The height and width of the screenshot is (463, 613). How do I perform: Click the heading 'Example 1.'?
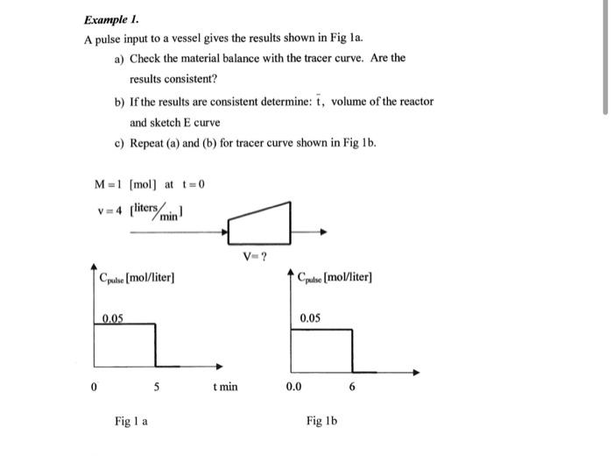pos(111,19)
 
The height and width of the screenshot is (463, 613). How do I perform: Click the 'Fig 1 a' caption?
pos(130,421)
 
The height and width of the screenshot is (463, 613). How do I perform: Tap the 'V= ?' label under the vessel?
pos(257,257)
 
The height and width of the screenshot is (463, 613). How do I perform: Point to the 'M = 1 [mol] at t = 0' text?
pos(149,183)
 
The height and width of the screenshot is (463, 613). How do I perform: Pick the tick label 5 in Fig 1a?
pos(157,386)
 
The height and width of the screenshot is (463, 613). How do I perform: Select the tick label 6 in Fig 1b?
pos(352,386)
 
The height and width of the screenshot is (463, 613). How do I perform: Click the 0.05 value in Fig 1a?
pos(112,317)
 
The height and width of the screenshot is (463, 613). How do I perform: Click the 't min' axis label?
pos(224,386)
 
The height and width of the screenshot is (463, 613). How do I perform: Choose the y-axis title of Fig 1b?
pos(335,278)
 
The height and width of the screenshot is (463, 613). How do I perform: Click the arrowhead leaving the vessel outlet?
pos(323,232)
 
